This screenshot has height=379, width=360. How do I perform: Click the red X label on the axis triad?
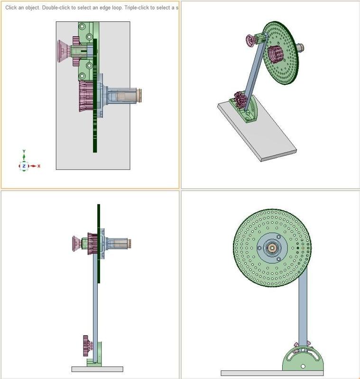tap(39, 166)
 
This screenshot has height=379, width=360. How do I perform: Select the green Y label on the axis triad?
tap(24, 151)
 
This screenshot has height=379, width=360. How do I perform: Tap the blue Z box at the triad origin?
tap(24, 166)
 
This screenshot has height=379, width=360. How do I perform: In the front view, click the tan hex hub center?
tap(272, 247)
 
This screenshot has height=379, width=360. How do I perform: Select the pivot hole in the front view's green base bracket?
tap(303, 366)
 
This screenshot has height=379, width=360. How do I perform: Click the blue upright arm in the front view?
tap(303, 308)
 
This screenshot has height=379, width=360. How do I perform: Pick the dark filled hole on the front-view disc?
tap(298, 247)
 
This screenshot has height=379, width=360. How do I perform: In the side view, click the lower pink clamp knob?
tap(86, 346)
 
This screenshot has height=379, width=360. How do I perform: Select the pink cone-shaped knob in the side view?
tap(76, 244)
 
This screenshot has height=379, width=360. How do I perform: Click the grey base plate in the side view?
tap(97, 369)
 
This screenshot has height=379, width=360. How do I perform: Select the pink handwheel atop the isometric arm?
tap(251, 40)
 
